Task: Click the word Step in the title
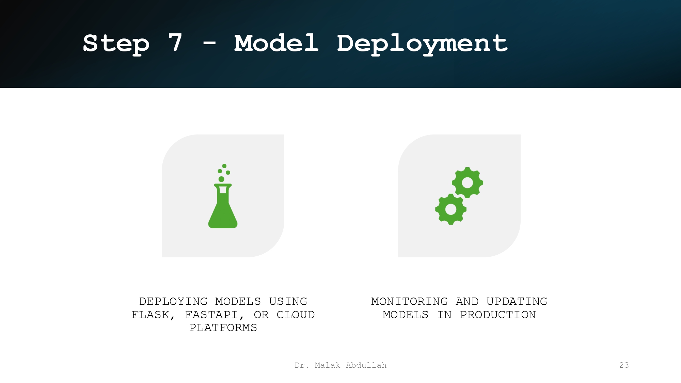[x=116, y=43]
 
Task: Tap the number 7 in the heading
[x=175, y=43]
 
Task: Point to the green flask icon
[x=223, y=208]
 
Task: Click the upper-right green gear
[x=467, y=183]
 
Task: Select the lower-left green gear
[x=451, y=209]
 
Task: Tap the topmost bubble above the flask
[x=224, y=166]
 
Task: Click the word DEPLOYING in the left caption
[x=173, y=302]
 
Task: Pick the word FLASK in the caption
[x=151, y=315]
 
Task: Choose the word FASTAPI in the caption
[x=211, y=315]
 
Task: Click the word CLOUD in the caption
[x=296, y=315]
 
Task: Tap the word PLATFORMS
[x=223, y=328]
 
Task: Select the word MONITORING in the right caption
[x=409, y=302]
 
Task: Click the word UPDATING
[x=517, y=302]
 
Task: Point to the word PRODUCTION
[x=498, y=315]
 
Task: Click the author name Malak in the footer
[x=327, y=365]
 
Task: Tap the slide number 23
[x=624, y=365]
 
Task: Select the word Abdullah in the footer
[x=366, y=365]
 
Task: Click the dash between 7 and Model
[x=209, y=43]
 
